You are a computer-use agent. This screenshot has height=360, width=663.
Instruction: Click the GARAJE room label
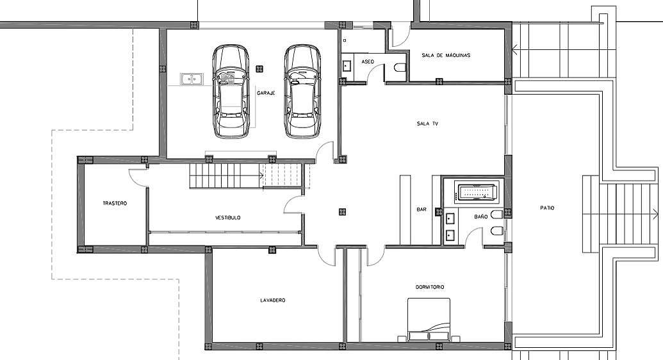(x=266, y=93)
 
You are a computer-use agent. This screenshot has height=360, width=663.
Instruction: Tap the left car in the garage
(x=231, y=91)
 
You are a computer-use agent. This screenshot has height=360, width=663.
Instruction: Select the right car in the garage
(x=302, y=91)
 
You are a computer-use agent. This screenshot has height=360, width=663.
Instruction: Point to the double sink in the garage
(x=192, y=79)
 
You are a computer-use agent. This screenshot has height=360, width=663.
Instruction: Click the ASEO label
(x=368, y=61)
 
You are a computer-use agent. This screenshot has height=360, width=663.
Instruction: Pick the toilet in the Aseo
(x=400, y=68)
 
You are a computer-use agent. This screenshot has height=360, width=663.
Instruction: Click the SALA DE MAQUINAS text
(x=446, y=55)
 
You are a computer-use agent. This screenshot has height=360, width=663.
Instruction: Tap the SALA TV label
(x=427, y=124)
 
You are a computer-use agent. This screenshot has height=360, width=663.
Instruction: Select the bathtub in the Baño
(x=477, y=192)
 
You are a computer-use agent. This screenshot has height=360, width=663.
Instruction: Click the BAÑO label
(x=481, y=217)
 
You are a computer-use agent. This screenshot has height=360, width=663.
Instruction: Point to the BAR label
(x=422, y=209)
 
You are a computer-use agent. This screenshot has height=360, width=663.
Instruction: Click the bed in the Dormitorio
(x=429, y=320)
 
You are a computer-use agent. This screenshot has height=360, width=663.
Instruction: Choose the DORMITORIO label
(x=430, y=287)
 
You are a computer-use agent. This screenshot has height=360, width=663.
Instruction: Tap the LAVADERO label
(x=273, y=300)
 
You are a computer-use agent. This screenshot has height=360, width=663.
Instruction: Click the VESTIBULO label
(x=228, y=218)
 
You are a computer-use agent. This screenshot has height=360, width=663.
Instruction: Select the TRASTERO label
(x=115, y=204)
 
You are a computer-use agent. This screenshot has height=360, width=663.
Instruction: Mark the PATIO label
(x=547, y=208)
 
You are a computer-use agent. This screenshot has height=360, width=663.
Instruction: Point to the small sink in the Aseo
(x=347, y=65)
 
